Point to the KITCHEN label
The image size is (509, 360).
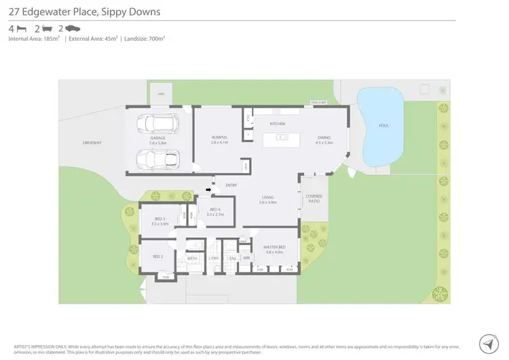(x=278, y=124)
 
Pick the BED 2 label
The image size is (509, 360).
(x=157, y=256)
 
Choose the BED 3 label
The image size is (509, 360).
(x=159, y=220)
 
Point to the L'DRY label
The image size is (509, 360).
(x=214, y=258)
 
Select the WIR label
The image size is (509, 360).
(x=246, y=258)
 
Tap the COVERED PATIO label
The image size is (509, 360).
(x=314, y=198)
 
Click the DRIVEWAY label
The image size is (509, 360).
(x=92, y=143)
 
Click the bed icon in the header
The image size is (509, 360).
(x=22, y=29)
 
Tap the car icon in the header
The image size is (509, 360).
(x=73, y=29)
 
